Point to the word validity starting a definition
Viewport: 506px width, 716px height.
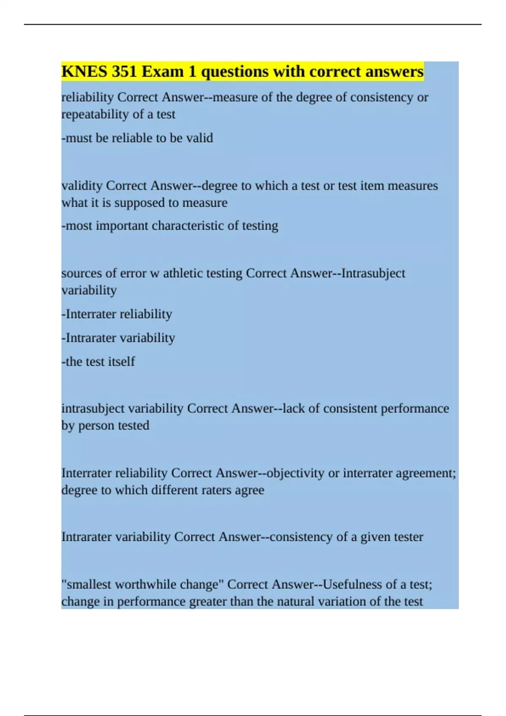pyautogui.click(x=82, y=186)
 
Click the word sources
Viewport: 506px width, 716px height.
pyautogui.click(x=82, y=273)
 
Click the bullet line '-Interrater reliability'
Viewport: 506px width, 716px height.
pyautogui.click(x=117, y=314)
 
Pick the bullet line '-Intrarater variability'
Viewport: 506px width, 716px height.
pyautogui.click(x=118, y=338)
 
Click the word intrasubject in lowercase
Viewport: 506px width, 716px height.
pyautogui.click(x=93, y=409)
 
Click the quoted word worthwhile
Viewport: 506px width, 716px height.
pyautogui.click(x=146, y=585)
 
